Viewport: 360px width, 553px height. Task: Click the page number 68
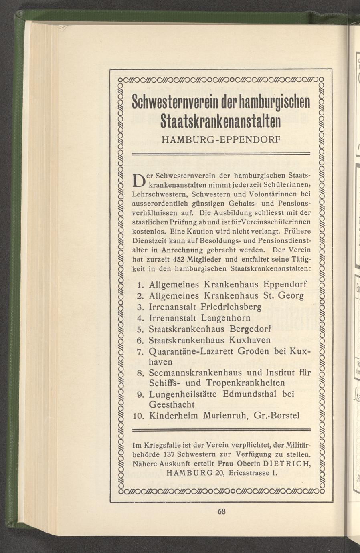point(222,512)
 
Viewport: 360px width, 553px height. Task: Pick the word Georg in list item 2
point(290,296)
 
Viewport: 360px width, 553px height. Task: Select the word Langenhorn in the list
point(226,318)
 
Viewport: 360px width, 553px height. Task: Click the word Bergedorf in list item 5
point(251,329)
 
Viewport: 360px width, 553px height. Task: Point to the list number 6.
point(140,341)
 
